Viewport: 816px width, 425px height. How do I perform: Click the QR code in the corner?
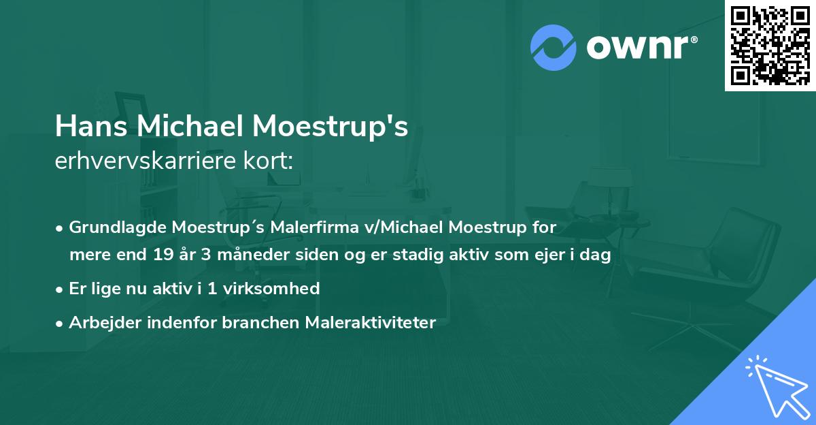[x=770, y=45]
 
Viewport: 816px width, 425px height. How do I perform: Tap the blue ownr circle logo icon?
[x=552, y=47]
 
